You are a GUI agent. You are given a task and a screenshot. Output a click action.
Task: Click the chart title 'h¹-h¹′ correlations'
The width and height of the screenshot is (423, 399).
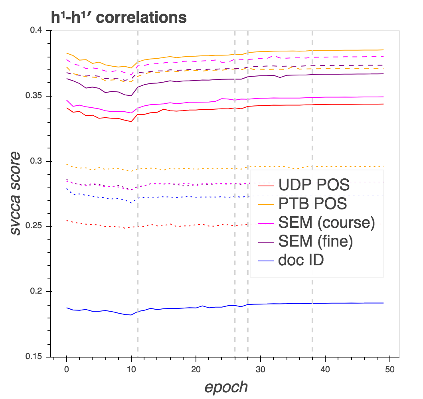118,18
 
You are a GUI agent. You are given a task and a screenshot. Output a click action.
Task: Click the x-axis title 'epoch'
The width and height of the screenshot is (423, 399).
226,387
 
